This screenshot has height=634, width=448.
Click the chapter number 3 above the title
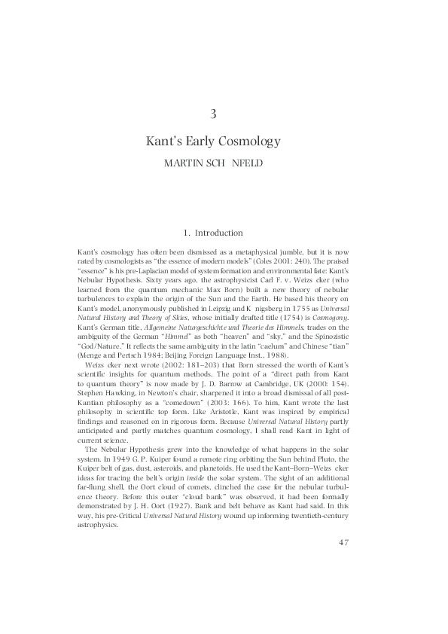coord(215,114)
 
